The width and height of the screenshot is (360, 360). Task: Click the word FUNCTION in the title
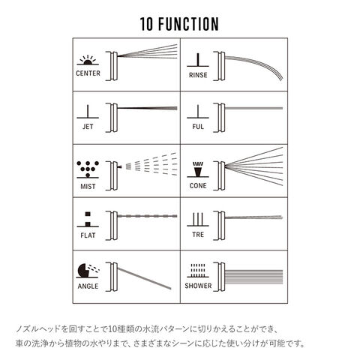[x=188, y=24]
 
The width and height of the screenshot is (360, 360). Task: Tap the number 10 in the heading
[x=146, y=24]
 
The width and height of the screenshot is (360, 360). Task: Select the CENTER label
[x=88, y=73]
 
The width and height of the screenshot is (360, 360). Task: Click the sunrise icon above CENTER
[x=88, y=60]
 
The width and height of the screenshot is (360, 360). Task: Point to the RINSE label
[x=198, y=75]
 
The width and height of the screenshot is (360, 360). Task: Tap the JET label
[x=88, y=127]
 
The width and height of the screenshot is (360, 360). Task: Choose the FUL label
[x=198, y=127]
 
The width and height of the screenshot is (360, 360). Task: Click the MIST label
[x=88, y=187]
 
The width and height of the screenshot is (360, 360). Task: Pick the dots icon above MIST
[x=88, y=169]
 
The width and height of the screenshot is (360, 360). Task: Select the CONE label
[x=198, y=186]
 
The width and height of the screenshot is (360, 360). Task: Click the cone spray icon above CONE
[x=198, y=169]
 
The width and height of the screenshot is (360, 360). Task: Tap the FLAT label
[x=88, y=235]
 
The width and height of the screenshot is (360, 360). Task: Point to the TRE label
[x=198, y=235]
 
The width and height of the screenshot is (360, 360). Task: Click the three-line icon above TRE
[x=198, y=220]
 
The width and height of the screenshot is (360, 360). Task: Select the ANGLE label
[x=88, y=286]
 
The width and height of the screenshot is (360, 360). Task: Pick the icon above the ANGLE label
[x=88, y=271]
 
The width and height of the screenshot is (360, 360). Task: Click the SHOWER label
[x=198, y=286]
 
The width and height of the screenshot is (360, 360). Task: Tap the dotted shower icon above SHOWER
[x=198, y=271]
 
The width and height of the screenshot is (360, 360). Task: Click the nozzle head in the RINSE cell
[x=219, y=66]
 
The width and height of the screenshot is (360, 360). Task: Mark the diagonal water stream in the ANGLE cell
[x=144, y=278]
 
